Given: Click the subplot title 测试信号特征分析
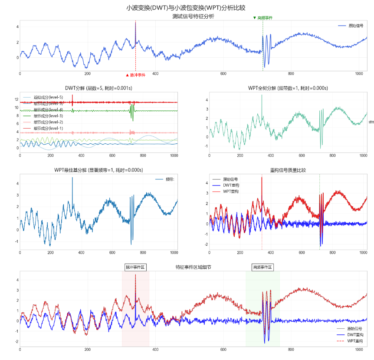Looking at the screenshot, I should pos(193,17).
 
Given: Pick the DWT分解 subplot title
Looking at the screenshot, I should pos(98,88).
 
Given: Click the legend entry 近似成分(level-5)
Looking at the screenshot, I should pos(48,98).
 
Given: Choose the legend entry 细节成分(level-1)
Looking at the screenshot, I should pos(48,128).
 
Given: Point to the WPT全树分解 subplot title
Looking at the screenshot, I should pos(288,88).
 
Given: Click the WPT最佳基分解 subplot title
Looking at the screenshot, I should pos(98,170).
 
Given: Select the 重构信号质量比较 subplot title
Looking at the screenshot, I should pos(288,170).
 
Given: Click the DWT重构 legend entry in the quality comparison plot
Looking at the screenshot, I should pos(230,185).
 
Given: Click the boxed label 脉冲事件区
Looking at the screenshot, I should pos(135,268).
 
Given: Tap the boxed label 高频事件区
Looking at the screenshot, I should pos(262,268).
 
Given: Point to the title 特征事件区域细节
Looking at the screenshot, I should pos(193,268).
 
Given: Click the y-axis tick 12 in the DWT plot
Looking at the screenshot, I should pos(16,99).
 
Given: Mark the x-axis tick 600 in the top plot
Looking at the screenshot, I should pos(223,74).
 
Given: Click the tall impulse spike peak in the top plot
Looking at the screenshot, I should pos(135,23).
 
